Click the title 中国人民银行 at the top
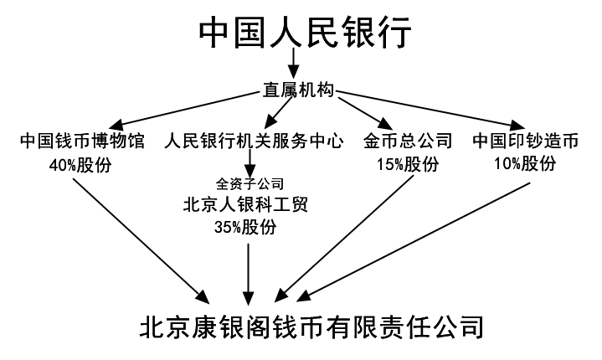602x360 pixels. click(306, 32)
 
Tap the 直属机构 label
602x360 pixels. click(298, 90)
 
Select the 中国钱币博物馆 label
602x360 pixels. click(82, 141)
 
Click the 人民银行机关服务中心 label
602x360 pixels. click(254, 141)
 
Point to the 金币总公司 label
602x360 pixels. click(408, 141)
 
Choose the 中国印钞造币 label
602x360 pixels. click(526, 141)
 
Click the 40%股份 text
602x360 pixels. click(80, 165)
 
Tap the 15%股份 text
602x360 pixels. click(408, 164)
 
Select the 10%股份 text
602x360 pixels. click(525, 163)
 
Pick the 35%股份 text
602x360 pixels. click(245, 227)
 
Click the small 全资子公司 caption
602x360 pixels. click(250, 184)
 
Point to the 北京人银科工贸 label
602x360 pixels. click(245, 204)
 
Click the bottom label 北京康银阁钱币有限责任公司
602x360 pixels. click(311, 327)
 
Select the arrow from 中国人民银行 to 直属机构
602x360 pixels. click(294, 62)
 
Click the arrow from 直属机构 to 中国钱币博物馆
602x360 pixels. click(185, 110)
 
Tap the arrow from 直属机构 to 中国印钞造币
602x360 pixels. click(430, 111)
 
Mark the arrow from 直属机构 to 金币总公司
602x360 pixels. click(366, 114)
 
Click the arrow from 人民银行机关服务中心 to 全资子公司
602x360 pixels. click(250, 163)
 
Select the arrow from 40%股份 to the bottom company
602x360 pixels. click(141, 241)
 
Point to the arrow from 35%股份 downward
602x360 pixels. click(249, 274)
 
